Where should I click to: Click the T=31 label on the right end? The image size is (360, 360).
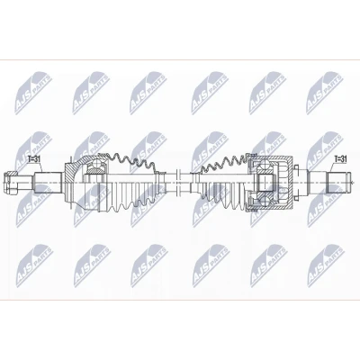(340, 159)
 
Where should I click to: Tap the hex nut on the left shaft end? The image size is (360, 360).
(11, 182)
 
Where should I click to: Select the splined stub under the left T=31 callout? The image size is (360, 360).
(48, 182)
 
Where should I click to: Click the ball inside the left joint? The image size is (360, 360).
(96, 164)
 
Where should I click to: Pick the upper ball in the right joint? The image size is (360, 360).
(265, 164)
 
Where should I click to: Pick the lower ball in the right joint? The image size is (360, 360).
(265, 201)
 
